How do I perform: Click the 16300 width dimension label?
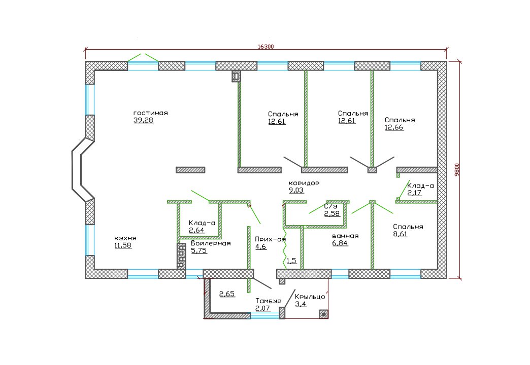click(x=266, y=47)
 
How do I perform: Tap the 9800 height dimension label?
click(x=457, y=169)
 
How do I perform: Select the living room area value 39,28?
click(x=144, y=120)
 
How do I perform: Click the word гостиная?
click(x=151, y=113)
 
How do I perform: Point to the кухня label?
click(x=125, y=238)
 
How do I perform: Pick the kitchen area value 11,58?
click(x=123, y=245)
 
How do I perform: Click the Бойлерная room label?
click(x=211, y=243)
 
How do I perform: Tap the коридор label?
click(x=304, y=183)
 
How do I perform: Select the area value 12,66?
click(x=394, y=127)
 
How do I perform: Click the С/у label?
click(x=330, y=206)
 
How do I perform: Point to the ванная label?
click(x=345, y=236)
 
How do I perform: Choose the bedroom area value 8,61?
click(x=400, y=234)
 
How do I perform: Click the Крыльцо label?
click(x=310, y=297)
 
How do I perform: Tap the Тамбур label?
click(x=269, y=301)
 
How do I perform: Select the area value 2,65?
click(x=227, y=294)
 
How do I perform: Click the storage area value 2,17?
click(x=414, y=193)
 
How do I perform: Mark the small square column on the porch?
click(x=324, y=314)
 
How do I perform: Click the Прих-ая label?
click(x=271, y=239)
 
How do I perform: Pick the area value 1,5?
click(x=292, y=261)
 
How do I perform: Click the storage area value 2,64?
click(x=197, y=230)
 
